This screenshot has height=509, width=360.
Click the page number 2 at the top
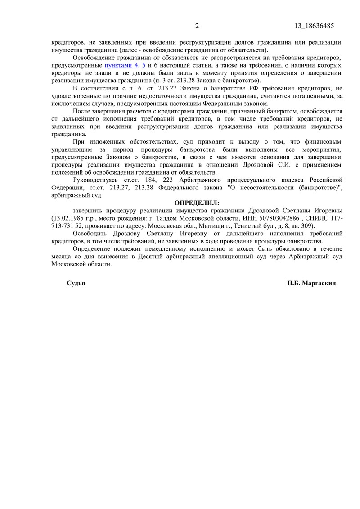click(197, 26)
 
